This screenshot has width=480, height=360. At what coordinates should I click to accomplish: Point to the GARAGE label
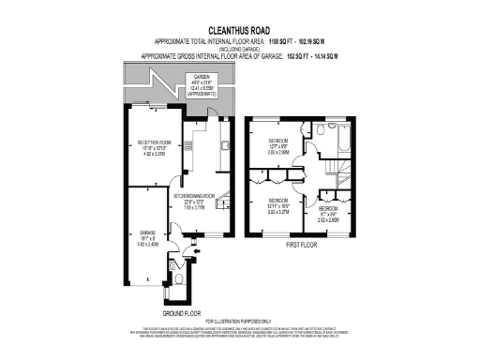[x=147, y=234]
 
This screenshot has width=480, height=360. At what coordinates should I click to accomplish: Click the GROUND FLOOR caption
[x=181, y=312]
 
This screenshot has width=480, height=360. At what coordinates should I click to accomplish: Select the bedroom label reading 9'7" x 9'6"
[x=327, y=215]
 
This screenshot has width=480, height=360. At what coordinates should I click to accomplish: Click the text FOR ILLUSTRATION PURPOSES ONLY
[x=239, y=322]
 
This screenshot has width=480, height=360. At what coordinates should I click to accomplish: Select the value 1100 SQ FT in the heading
[x=282, y=43]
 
